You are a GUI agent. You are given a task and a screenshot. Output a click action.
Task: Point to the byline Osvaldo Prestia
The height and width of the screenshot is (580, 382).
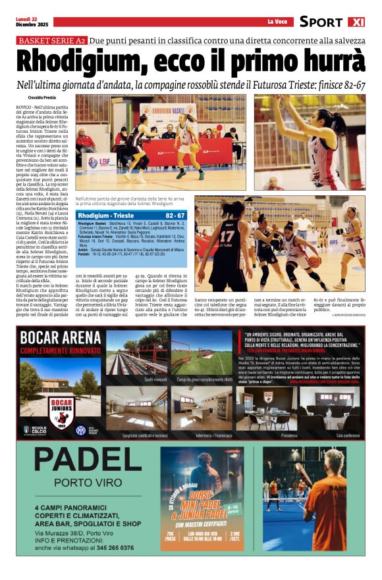41,97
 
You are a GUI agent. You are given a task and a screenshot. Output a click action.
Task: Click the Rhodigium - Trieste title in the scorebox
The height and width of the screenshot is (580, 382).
105,216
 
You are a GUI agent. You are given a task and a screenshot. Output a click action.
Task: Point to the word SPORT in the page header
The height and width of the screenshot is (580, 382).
321,22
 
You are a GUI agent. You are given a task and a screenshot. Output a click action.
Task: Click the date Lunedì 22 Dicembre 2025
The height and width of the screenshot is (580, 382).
32,22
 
